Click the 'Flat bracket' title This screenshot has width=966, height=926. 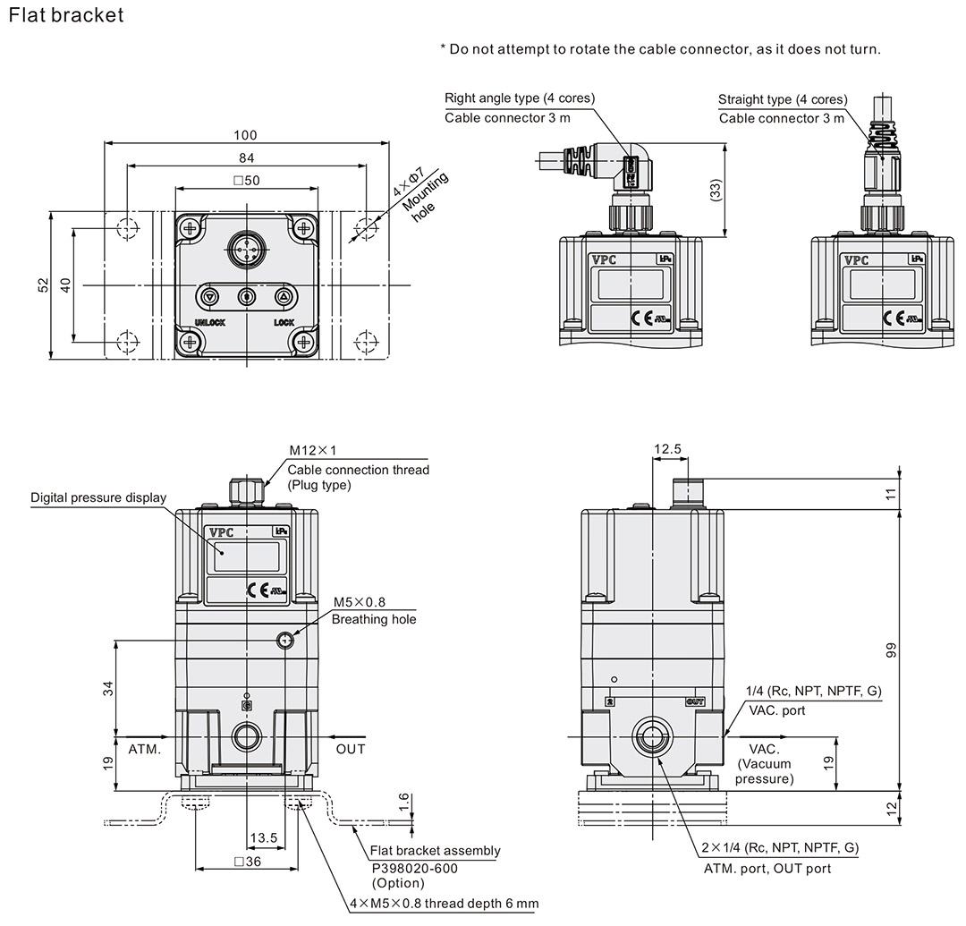click(x=64, y=15)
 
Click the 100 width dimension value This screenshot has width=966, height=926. click(x=245, y=135)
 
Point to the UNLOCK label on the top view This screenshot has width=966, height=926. click(x=209, y=322)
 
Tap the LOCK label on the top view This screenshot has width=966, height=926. click(x=284, y=322)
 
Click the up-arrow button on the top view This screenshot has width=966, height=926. click(x=284, y=296)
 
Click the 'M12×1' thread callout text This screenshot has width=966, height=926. click(x=312, y=451)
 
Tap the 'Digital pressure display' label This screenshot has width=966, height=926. click(x=98, y=497)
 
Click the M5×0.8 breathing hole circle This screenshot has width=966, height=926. click(x=285, y=640)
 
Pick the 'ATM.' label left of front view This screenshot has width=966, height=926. click(x=145, y=749)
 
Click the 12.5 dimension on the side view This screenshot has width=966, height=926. click(x=667, y=448)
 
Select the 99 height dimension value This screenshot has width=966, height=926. click(x=891, y=650)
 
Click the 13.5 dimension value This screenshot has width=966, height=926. click(x=264, y=838)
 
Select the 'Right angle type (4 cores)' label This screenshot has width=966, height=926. click(x=520, y=98)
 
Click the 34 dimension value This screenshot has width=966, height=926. click(x=108, y=689)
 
